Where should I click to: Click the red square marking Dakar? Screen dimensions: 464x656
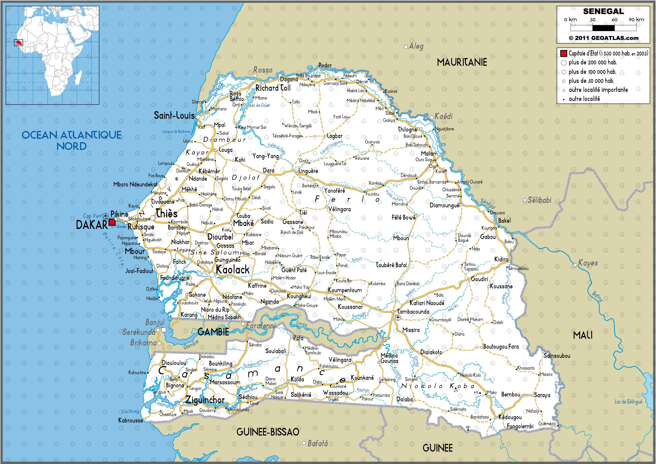[112, 222]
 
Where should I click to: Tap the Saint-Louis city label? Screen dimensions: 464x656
[174, 116]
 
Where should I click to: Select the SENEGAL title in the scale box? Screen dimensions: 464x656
[603, 12]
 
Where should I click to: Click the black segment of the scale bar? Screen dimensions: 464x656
[603, 28]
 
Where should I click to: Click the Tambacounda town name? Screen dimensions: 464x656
[413, 312]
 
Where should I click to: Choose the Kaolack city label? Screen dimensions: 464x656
[232, 270]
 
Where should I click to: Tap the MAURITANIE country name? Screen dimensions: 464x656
[462, 62]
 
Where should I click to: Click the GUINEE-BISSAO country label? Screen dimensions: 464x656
[268, 432]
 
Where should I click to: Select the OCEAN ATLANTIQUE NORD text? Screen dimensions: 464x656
[71, 140]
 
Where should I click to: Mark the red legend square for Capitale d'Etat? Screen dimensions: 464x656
[564, 53]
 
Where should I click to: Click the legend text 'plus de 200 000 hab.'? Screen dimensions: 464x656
[593, 63]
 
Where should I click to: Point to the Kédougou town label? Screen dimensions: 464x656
[510, 417]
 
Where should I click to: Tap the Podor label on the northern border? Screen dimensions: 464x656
[325, 66]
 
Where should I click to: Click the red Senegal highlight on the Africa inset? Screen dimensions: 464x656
[19, 43]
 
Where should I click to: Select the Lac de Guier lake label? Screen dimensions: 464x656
[260, 105]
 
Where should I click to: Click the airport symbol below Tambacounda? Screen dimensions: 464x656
[398, 318]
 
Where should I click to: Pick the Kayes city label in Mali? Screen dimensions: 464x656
[588, 263]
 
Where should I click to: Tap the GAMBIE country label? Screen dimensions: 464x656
[213, 332]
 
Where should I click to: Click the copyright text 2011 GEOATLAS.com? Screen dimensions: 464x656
[603, 38]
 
